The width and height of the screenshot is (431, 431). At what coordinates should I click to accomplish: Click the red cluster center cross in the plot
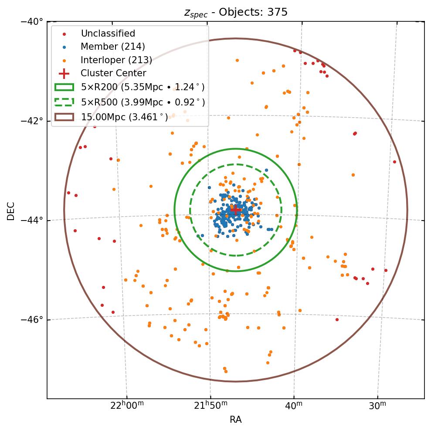pos(235,210)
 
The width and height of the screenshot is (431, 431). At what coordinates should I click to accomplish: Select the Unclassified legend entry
pos(108,34)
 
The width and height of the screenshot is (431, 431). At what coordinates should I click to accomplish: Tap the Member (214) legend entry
pos(112,47)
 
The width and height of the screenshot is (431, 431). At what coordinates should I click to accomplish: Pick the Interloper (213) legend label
pos(116,60)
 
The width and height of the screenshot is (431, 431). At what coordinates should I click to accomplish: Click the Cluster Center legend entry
pos(113,73)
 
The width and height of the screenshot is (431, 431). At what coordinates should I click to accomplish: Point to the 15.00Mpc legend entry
pos(124,117)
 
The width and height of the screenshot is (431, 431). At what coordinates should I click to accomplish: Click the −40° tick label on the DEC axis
pos(32,21)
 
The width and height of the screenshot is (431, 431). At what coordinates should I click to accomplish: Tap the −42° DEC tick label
pos(32,121)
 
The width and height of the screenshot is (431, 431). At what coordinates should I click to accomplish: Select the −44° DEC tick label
pos(32,220)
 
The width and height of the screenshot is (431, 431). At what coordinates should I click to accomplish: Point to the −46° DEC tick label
pos(32,320)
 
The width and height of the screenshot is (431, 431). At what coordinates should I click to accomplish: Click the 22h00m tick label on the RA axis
pos(127,406)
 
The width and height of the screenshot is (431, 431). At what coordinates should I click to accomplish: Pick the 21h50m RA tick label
pos(210,406)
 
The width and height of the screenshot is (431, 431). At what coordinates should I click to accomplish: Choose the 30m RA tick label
pos(377,406)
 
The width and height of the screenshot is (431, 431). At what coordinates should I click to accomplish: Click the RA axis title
pos(235,420)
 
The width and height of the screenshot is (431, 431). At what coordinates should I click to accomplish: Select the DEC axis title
pos(10,210)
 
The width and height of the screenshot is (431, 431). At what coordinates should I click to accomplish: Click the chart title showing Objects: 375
pos(235,12)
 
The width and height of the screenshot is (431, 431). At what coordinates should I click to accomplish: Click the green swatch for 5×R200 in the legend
pos(64,87)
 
